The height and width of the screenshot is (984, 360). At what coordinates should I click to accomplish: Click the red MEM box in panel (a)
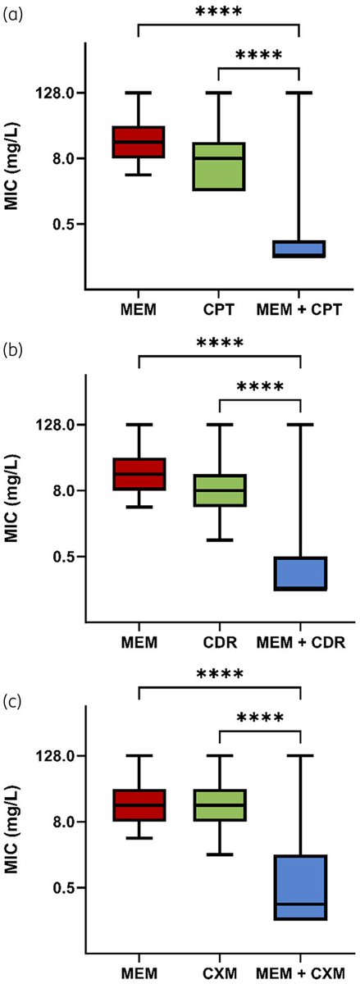coord(139,142)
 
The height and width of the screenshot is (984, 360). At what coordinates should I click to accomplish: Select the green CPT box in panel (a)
coord(219,166)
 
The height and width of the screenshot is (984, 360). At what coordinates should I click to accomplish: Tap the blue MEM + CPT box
coord(299,248)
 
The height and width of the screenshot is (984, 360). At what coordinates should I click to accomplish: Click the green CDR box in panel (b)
coord(219,490)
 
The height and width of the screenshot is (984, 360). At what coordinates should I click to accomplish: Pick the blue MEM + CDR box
coord(299,573)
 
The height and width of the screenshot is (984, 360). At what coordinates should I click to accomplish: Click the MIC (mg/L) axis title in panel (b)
coord(12,490)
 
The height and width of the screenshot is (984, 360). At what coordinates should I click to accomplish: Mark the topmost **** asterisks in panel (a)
coord(219,13)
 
